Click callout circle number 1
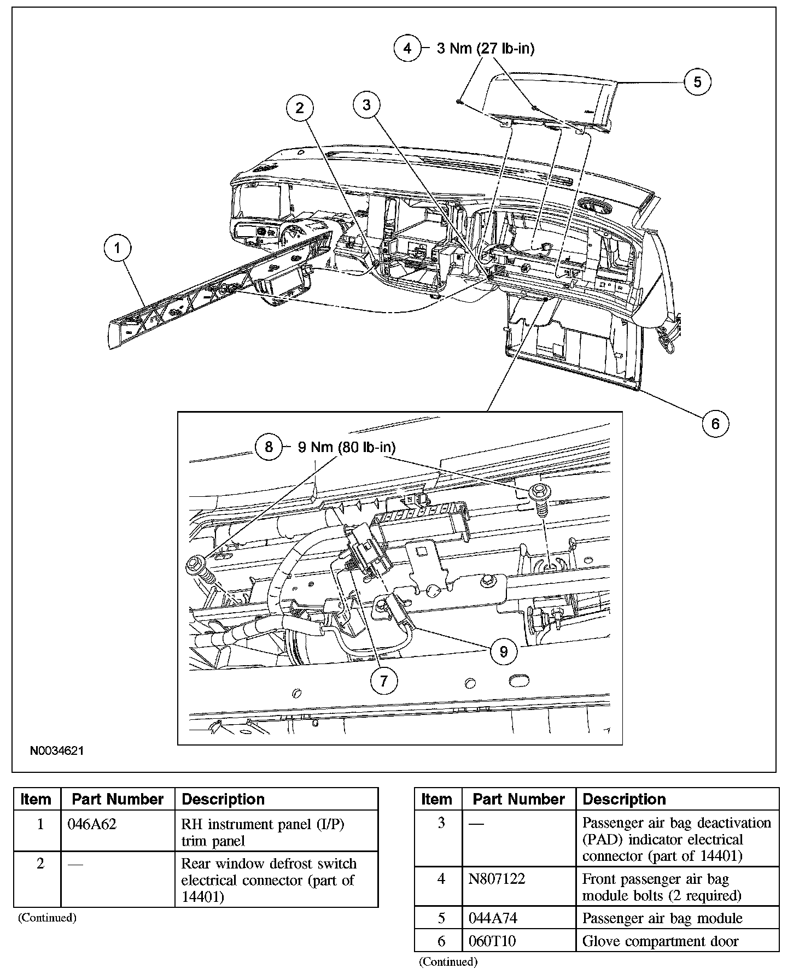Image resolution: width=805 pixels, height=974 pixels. [x=117, y=249]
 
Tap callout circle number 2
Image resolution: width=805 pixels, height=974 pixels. [x=300, y=108]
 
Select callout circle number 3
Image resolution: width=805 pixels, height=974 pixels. [x=366, y=104]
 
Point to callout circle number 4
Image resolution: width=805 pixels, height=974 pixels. [x=407, y=48]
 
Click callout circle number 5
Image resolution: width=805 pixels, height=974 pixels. [x=697, y=82]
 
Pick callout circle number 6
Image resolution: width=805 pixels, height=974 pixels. [x=715, y=423]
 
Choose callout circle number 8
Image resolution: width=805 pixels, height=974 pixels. [x=269, y=447]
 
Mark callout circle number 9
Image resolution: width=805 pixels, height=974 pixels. [x=504, y=651]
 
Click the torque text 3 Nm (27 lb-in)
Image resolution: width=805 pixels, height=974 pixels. [x=485, y=48]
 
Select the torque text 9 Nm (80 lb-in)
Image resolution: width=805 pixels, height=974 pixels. [x=346, y=447]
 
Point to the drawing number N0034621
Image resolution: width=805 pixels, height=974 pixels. [x=56, y=751]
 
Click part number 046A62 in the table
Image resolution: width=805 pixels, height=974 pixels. [x=92, y=824]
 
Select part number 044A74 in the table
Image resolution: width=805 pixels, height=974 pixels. [x=492, y=918]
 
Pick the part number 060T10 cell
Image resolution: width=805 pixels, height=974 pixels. [x=492, y=941]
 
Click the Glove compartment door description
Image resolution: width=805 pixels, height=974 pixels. [x=660, y=941]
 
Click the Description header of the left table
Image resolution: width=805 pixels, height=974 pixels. [x=223, y=799]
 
